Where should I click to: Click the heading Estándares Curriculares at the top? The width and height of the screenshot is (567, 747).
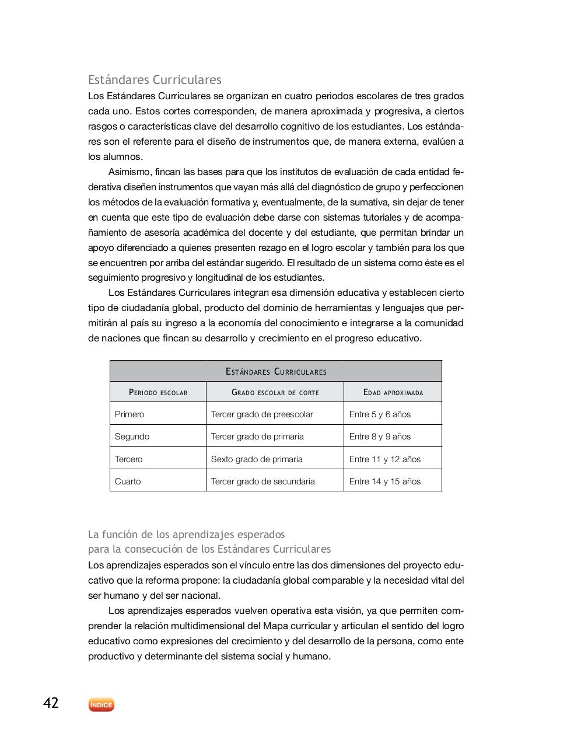pyautogui.click(x=155, y=79)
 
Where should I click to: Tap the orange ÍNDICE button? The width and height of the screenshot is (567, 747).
pyautogui.click(x=101, y=705)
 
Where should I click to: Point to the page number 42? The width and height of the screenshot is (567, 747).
pyautogui.click(x=51, y=703)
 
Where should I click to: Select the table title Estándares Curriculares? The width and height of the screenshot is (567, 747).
pyautogui.click(x=275, y=371)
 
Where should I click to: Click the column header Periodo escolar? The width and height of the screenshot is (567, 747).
pyautogui.click(x=158, y=392)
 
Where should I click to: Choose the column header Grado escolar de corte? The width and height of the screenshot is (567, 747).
pyautogui.click(x=275, y=392)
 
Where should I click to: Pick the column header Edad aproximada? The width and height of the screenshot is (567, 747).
pyautogui.click(x=393, y=392)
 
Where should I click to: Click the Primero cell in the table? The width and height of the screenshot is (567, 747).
pyautogui.click(x=129, y=414)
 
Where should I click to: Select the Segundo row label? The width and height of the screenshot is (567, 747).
pyautogui.click(x=132, y=437)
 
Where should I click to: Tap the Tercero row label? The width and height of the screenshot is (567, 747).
pyautogui.click(x=128, y=459)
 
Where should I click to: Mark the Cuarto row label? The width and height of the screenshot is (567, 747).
pyautogui.click(x=128, y=481)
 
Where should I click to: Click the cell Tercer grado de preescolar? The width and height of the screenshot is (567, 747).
pyautogui.click(x=262, y=414)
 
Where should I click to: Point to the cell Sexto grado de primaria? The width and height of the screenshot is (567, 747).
pyautogui.click(x=257, y=459)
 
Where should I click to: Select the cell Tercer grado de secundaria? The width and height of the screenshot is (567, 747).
pyautogui.click(x=262, y=481)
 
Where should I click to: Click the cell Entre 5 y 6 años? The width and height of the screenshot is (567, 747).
pyautogui.click(x=380, y=414)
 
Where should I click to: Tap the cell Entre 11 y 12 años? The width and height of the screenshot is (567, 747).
pyautogui.click(x=384, y=459)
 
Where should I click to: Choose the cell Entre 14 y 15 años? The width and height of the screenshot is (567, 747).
pyautogui.click(x=384, y=481)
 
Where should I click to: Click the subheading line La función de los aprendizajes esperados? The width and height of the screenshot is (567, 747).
pyautogui.click(x=186, y=534)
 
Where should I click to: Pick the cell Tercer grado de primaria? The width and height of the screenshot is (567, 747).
pyautogui.click(x=257, y=437)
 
